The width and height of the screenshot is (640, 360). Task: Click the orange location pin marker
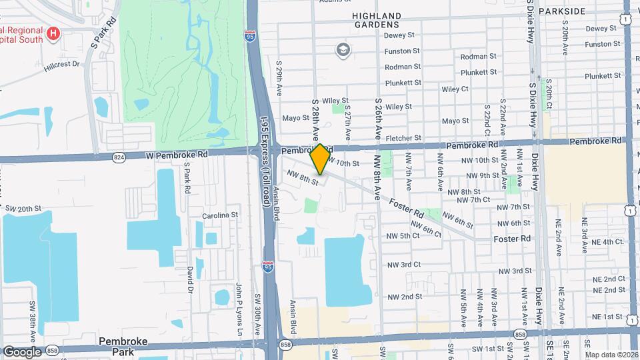click(320, 159)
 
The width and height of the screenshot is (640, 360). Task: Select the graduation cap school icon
click(343, 50)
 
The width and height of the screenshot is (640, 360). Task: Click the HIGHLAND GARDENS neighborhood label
click(377, 20)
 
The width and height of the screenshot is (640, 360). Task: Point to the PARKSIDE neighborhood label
click(561, 11)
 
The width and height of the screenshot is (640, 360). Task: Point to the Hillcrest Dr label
click(61, 65)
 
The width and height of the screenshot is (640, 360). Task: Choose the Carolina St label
click(221, 215)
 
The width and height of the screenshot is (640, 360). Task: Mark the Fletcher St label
click(403, 138)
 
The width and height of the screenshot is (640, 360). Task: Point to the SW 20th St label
click(23, 209)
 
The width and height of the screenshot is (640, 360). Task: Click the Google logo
click(22, 351)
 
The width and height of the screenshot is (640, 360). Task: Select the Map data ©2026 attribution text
click(611, 355)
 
